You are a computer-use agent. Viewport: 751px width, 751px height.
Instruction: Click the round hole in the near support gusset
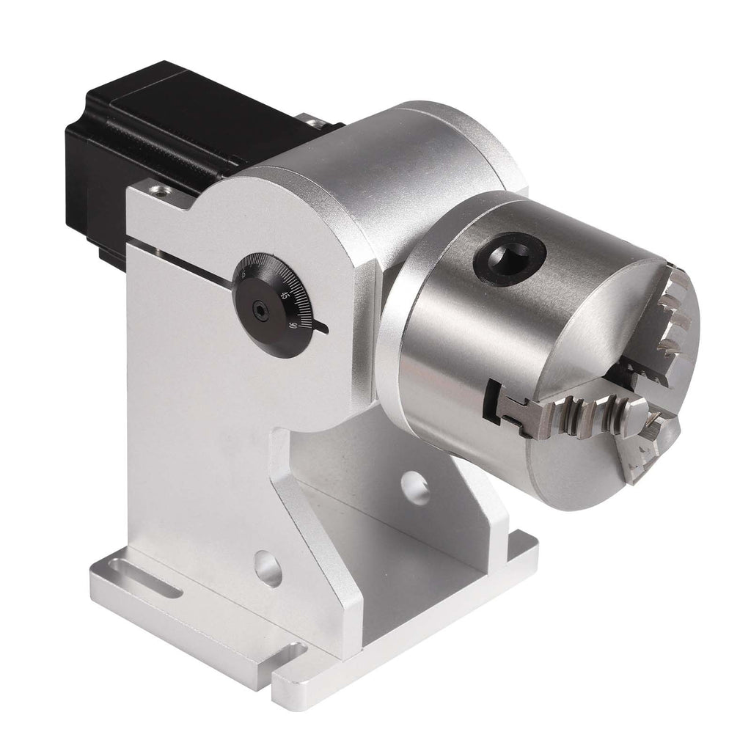[267, 569]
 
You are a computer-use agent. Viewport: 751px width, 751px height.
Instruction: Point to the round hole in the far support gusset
[416, 488]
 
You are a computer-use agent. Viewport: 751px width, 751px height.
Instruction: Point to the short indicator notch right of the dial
[320, 330]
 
